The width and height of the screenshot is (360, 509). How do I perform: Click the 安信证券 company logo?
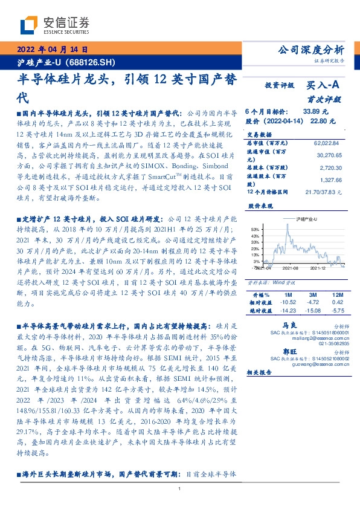pyautogui.click(x=54, y=25)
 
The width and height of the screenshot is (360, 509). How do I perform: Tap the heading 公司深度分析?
pyautogui.click(x=309, y=50)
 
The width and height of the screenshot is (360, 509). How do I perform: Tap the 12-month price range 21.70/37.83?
pyautogui.click(x=324, y=192)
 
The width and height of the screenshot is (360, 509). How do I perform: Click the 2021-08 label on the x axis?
pyautogui.click(x=292, y=267)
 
